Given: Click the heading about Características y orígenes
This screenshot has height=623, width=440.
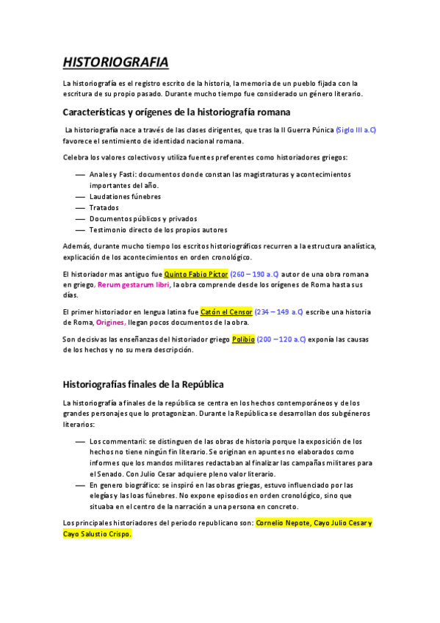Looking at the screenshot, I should tap(176, 112).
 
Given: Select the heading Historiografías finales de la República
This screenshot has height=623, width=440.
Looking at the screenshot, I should tap(143, 384).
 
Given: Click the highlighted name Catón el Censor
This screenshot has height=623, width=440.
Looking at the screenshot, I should tap(226, 311).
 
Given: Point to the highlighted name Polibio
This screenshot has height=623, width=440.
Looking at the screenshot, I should tap(243, 339).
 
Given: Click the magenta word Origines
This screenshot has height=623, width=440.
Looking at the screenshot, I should tap(110, 323).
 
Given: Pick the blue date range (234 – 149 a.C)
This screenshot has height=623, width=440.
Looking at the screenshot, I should tap(278, 311).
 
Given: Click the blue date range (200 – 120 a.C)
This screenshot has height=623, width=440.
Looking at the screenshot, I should tap(281, 339).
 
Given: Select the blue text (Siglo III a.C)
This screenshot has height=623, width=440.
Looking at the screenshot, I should tap(356, 130).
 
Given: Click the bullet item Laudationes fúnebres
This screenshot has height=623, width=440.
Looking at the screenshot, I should tap(125, 196).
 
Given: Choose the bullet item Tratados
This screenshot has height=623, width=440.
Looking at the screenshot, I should tap(104, 207).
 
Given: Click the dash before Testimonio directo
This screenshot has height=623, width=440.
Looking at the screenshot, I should tap(80, 229).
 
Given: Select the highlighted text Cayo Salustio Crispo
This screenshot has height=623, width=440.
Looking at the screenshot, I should tap(97, 534).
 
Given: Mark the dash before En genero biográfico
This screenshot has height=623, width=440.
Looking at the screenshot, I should tap(80, 485).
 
